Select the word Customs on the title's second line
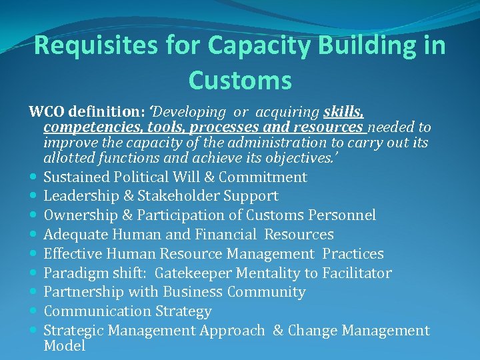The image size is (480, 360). click(x=240, y=81)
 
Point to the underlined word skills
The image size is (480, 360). click(x=343, y=111)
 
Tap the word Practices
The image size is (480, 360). click(x=353, y=254)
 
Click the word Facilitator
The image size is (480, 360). click(x=357, y=273)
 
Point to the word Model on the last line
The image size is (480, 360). click(x=64, y=346)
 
